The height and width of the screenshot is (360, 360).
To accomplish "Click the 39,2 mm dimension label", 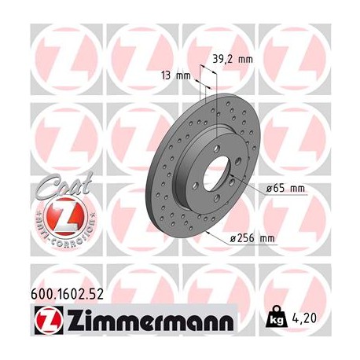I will (x=233, y=58).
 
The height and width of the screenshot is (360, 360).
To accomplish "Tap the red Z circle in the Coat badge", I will (x=58, y=215).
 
